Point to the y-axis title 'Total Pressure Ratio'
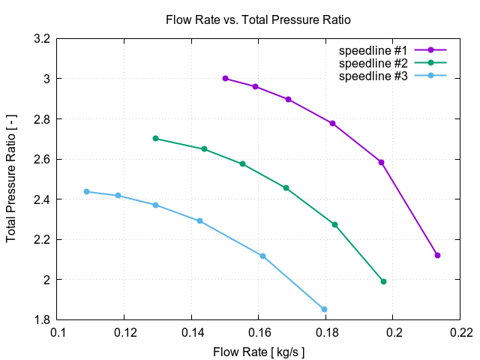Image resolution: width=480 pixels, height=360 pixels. pyautogui.click(x=11, y=178)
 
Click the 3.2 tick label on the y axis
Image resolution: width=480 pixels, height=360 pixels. pyautogui.click(x=42, y=38)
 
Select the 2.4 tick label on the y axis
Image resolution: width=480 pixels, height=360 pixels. pyautogui.click(x=42, y=199)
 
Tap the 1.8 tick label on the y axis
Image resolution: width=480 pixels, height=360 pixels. pyautogui.click(x=42, y=319)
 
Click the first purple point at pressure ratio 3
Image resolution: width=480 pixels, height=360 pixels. pyautogui.click(x=225, y=78)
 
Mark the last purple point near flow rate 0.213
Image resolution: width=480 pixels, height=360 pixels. pyautogui.click(x=437, y=255)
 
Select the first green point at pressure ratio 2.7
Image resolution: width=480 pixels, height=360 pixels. pyautogui.click(x=155, y=138)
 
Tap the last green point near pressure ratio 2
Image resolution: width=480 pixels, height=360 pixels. pyautogui.click(x=383, y=281)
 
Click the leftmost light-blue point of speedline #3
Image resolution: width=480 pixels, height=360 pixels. pyautogui.click(x=86, y=191)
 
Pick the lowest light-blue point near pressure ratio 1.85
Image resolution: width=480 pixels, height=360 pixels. pyautogui.click(x=324, y=309)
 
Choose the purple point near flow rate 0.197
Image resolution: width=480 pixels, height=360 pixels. pyautogui.click(x=381, y=162)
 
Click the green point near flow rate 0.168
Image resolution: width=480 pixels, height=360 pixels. pyautogui.click(x=286, y=187)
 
